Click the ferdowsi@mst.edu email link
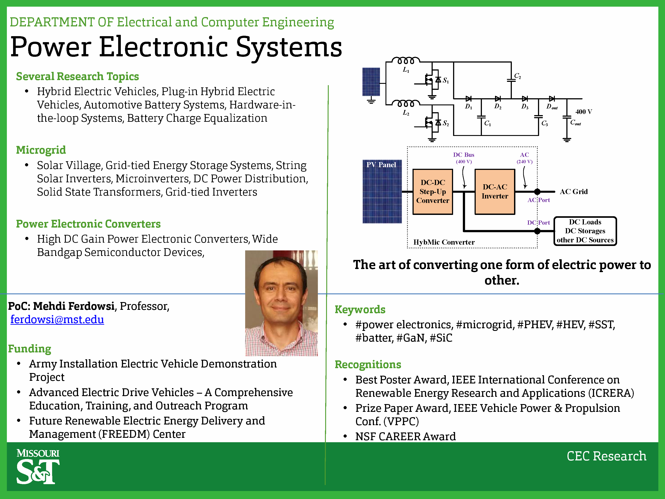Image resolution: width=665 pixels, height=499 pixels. pos(57,319)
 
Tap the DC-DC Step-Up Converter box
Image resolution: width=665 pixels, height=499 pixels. pos(433,192)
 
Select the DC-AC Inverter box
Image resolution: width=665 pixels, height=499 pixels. pos(495,192)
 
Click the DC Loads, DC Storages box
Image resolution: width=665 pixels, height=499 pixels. pos(585,231)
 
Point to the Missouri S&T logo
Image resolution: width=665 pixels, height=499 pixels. pos(38,466)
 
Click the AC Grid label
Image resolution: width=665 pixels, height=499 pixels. pos(574,192)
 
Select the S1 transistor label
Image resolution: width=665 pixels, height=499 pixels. pos(446,81)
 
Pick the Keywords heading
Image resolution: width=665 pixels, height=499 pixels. pos(360,310)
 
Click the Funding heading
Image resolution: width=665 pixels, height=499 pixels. pos(29,349)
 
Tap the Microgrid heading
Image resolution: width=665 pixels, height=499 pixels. pos(41,150)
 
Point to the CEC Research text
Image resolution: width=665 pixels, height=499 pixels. pos(606,456)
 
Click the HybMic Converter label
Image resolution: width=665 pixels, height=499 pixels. pos(444,242)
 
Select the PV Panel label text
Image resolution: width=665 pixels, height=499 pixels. pos(381,165)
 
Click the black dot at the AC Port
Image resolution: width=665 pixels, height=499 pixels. pos(537,192)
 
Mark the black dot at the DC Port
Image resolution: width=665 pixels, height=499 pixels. pos(537,231)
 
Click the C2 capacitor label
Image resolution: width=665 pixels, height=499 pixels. pos(517,76)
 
